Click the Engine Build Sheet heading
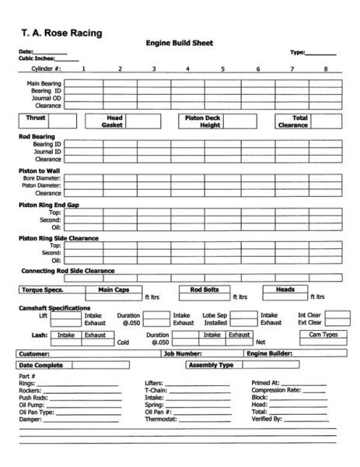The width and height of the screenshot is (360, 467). tap(179, 44)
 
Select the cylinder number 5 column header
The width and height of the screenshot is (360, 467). tap(222, 68)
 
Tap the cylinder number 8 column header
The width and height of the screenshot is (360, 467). tap(325, 68)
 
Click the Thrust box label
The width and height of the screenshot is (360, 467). tap(35, 118)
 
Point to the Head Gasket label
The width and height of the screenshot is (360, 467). tap(114, 121)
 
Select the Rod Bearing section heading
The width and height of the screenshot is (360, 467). tap(37, 137)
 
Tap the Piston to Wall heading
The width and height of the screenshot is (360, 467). tap(40, 170)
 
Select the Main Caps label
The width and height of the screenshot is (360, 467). tap(114, 290)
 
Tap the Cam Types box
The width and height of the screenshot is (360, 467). tap(323, 335)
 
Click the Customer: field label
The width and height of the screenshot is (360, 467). tap(33, 353)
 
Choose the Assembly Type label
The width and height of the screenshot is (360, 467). tap(211, 363)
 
